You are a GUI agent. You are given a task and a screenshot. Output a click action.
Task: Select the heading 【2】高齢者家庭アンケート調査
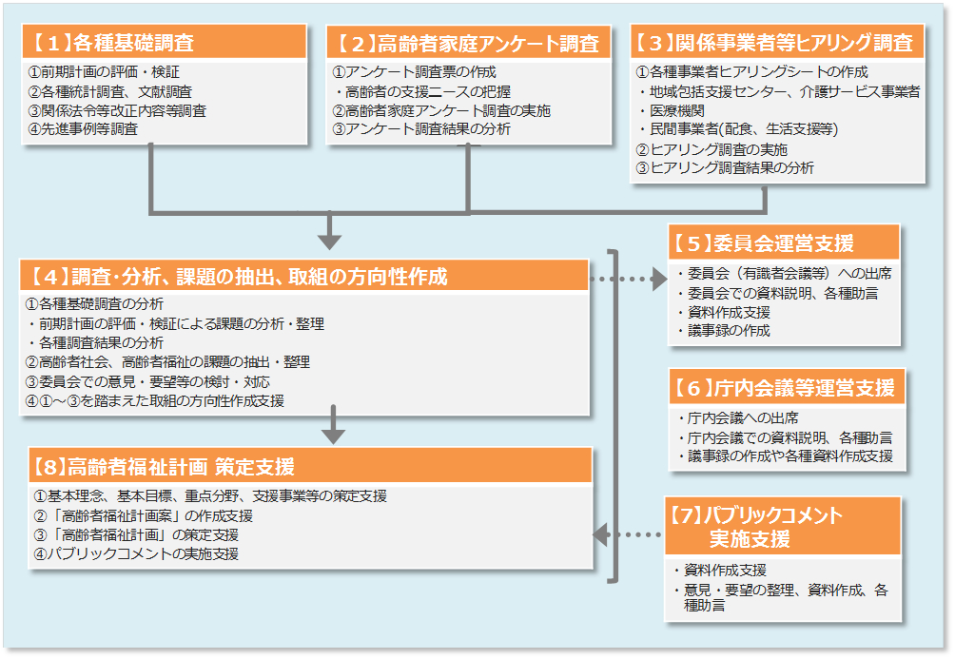(x=468, y=44)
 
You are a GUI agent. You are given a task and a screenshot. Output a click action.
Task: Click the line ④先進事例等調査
(x=84, y=128)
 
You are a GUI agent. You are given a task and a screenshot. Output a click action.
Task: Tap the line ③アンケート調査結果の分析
(x=420, y=128)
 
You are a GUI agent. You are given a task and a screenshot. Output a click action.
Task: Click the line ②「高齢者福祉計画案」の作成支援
(x=144, y=515)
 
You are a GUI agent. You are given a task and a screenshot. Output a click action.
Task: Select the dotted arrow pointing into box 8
(x=628, y=534)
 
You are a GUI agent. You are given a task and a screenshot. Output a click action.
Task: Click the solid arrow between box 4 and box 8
(x=332, y=425)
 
